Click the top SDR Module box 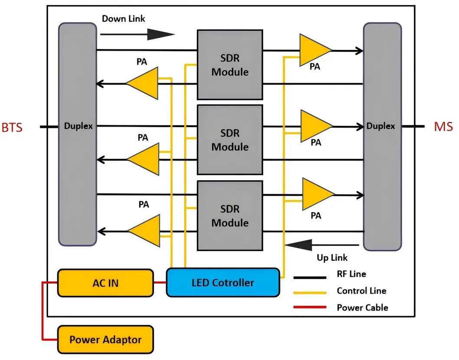[x=230, y=65]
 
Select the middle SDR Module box [x=230, y=140]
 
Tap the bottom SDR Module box [x=230, y=216]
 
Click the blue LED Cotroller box [x=223, y=283]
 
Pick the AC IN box [x=105, y=283]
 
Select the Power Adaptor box [x=105, y=339]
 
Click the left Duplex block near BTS [x=78, y=134]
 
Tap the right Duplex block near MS [x=382, y=137]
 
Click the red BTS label [x=12, y=128]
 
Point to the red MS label [x=443, y=127]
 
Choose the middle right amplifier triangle [x=315, y=126]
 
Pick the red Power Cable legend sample [x=309, y=308]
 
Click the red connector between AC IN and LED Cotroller [x=160, y=283]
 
